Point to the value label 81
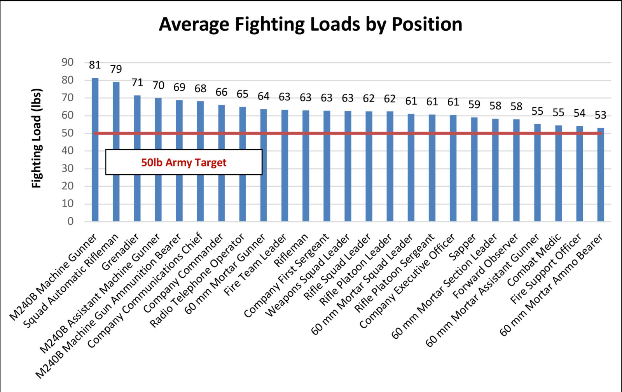pos(95,65)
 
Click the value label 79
pos(116,69)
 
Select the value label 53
pos(601,115)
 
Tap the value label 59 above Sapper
pos(474,105)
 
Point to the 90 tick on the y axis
pos(67,62)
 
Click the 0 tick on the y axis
pos(70,221)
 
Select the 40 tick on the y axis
pos(67,150)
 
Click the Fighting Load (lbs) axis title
pos(37,138)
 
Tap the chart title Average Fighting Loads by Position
pos(311,24)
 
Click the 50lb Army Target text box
pos(183,162)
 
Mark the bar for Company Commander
pos(221,163)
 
